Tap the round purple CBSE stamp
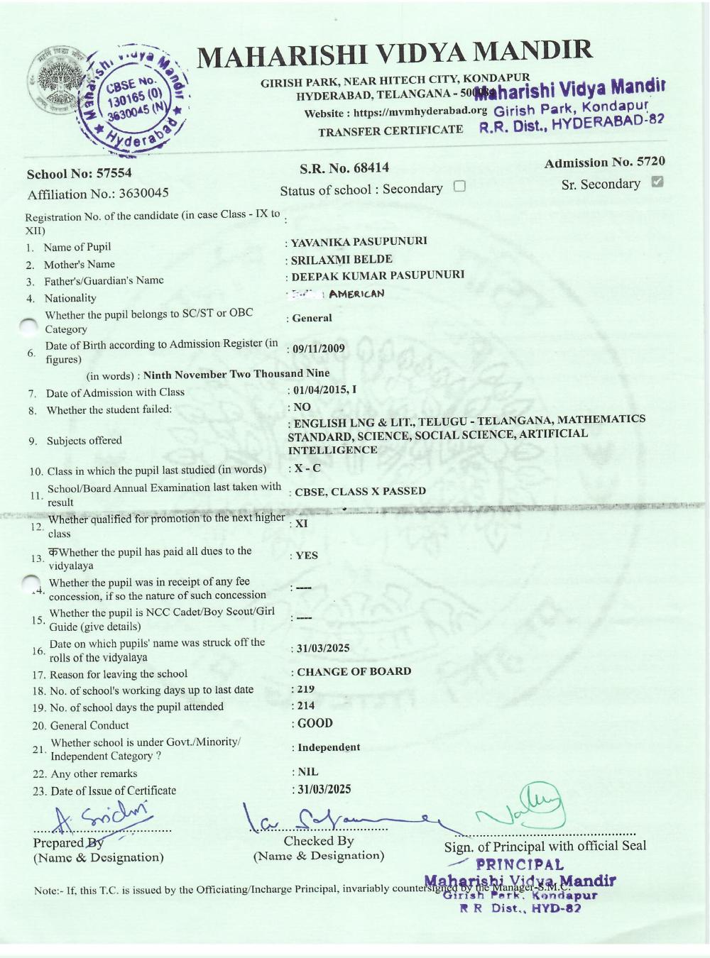point(135,98)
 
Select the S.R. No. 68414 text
point(344,168)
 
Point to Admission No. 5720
point(604,163)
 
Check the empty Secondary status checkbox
point(459,187)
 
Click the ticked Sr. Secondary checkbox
point(657,182)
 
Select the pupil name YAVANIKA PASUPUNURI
point(359,241)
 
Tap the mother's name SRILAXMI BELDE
point(342,259)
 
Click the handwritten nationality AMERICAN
point(356,294)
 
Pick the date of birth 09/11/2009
point(319,348)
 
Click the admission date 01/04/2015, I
point(325,390)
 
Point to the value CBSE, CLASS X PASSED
point(361,491)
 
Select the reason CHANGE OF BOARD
point(354,671)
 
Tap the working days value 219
point(305,689)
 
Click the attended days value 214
point(305,706)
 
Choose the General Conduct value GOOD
point(315,723)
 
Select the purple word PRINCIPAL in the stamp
point(520,865)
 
